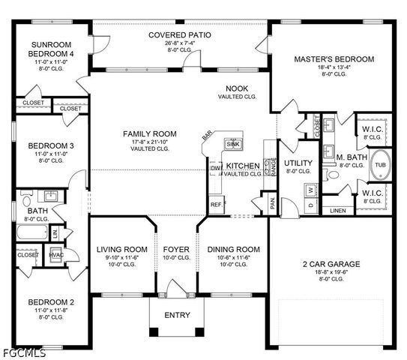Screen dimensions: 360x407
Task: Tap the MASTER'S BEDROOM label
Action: pyautogui.click(x=334, y=58)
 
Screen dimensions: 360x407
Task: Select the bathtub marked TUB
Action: pyautogui.click(x=379, y=164)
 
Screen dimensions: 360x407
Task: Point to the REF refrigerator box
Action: pyautogui.click(x=216, y=204)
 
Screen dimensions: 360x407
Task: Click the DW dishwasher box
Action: pyautogui.click(x=215, y=169)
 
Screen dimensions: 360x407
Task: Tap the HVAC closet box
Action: pyautogui.click(x=55, y=255)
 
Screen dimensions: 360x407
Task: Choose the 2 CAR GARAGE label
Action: pyautogui.click(x=331, y=264)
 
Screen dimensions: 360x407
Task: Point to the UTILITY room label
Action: pyautogui.click(x=298, y=163)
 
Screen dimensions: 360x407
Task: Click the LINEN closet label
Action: pyautogui.click(x=338, y=210)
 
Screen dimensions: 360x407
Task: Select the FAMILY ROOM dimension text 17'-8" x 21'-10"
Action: pyautogui.click(x=147, y=142)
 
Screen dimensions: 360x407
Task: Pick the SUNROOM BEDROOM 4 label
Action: pyautogui.click(x=51, y=50)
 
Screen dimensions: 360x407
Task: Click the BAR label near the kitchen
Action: pyautogui.click(x=207, y=136)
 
